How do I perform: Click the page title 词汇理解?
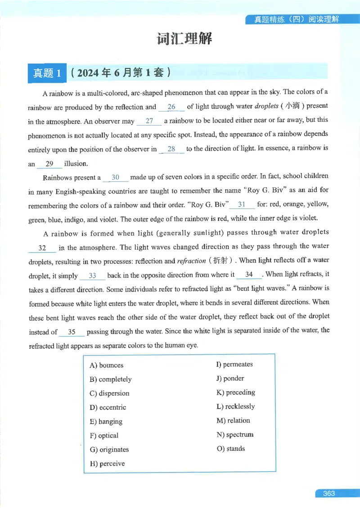point(184,39)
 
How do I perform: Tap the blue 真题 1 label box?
point(47,73)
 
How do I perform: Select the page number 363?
point(329,493)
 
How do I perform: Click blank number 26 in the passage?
point(171,107)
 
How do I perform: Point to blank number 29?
point(49,164)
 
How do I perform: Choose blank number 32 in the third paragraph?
point(43,248)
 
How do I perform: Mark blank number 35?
point(72,333)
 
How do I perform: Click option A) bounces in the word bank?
point(107,365)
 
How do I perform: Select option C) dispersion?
point(109,393)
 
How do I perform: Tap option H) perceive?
point(107,463)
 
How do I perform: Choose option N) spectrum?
point(234,435)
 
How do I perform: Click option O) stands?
point(230,449)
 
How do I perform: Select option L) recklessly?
point(235,406)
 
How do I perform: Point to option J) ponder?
point(230,379)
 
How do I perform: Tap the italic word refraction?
point(191,261)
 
